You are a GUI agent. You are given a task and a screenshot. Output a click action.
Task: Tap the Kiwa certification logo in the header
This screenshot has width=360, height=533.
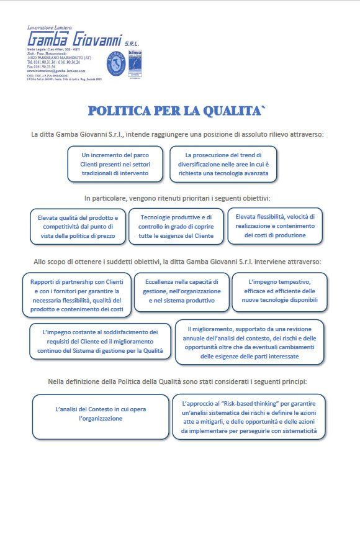click(135, 63)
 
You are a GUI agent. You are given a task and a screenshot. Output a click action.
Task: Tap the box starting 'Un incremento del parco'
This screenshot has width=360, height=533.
click(115, 164)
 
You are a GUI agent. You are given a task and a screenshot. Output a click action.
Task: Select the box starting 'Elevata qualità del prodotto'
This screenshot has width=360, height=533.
click(77, 226)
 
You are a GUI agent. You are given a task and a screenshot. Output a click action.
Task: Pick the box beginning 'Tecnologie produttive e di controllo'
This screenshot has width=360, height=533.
click(176, 226)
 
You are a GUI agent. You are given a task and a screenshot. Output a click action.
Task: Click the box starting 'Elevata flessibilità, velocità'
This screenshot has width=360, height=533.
click(275, 225)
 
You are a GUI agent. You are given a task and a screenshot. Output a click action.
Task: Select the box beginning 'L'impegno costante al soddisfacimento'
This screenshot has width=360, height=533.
click(101, 342)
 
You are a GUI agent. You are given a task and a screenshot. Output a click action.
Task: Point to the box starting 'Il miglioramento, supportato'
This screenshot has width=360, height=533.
click(250, 342)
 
